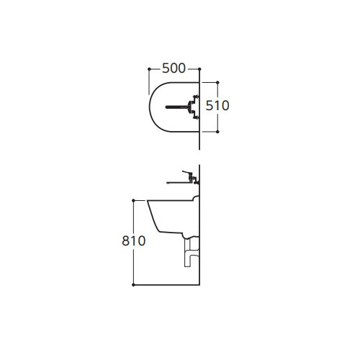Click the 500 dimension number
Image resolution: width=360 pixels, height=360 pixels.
coord(174,68)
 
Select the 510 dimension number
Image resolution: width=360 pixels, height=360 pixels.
coord(217,105)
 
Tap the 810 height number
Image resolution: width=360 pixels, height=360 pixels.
coord(134,242)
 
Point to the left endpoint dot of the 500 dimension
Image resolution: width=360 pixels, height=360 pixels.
coord(148,68)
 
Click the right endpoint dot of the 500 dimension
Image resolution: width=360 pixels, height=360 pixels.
coord(199,68)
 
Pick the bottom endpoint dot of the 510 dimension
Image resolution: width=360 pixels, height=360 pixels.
coord(217,132)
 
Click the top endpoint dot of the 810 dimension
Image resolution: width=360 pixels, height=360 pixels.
coord(134,199)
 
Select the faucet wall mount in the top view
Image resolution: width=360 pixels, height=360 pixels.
coord(193,107)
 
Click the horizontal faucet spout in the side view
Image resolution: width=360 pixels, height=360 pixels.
coord(176,181)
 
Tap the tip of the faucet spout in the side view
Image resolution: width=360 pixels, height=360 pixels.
coord(167,181)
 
